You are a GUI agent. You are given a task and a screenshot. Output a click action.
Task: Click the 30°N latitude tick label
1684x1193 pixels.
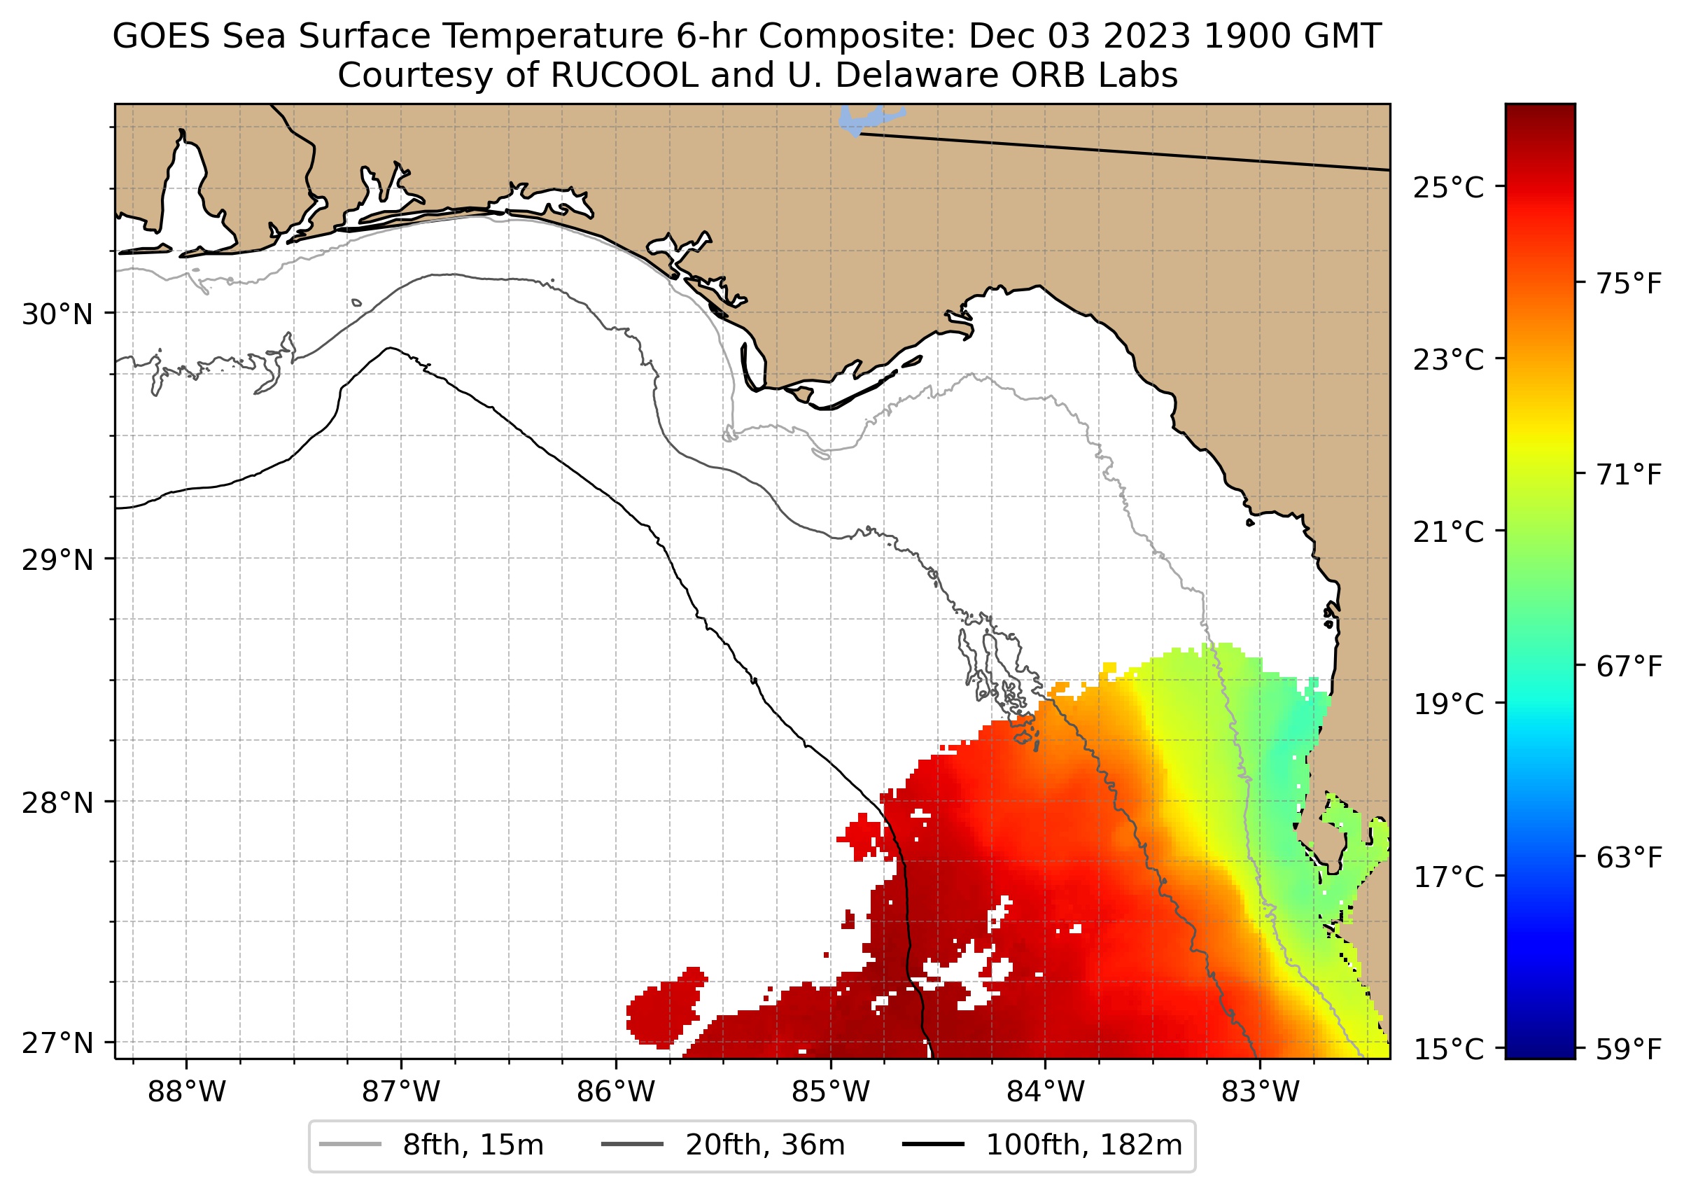57,314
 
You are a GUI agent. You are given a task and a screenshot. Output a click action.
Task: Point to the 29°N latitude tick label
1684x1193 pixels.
57,560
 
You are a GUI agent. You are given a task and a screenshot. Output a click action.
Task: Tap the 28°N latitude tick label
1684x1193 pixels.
57,803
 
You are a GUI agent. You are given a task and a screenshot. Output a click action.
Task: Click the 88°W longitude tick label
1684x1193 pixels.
187,1092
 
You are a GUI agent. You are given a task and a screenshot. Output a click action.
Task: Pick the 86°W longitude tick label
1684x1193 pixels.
615,1092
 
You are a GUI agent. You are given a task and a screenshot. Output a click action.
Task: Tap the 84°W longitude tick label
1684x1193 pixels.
1045,1092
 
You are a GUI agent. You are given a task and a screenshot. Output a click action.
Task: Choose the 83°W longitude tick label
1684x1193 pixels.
1261,1092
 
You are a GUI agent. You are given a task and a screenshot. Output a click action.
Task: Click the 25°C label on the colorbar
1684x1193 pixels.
1448,188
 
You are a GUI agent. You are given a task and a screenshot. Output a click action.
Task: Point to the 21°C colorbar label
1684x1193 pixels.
1448,532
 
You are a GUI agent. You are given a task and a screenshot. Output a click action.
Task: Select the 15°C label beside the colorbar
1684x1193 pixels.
1448,1049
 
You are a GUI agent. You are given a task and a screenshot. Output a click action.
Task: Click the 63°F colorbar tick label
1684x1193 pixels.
1629,857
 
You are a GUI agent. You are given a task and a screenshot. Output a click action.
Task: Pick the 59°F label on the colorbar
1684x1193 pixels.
1629,1049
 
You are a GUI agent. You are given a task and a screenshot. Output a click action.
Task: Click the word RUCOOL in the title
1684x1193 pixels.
624,75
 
